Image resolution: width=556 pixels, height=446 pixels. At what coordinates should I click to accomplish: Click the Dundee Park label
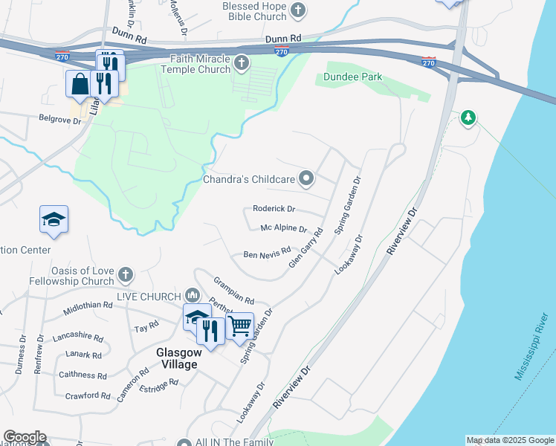click(x=352, y=77)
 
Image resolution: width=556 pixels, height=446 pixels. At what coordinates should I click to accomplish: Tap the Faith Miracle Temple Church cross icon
click(x=242, y=65)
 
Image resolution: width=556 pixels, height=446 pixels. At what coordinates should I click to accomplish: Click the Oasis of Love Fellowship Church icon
click(x=125, y=276)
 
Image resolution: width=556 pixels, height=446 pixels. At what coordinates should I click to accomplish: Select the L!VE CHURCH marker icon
click(x=193, y=296)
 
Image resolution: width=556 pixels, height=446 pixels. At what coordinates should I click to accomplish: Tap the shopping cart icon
click(x=239, y=325)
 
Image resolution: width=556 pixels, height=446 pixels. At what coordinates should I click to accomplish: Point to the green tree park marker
click(x=468, y=117)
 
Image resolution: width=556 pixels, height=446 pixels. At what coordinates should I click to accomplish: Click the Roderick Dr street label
click(x=274, y=209)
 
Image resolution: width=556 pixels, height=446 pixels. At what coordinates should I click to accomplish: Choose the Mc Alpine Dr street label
click(x=283, y=228)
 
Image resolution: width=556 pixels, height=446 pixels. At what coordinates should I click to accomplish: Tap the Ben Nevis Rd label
click(x=267, y=255)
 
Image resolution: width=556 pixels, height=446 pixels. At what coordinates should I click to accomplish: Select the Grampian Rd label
click(x=233, y=291)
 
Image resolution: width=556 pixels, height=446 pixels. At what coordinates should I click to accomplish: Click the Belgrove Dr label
click(x=60, y=118)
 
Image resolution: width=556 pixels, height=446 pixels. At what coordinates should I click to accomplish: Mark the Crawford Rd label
click(x=88, y=396)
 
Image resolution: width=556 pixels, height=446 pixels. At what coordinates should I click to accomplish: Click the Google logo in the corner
click(x=25, y=437)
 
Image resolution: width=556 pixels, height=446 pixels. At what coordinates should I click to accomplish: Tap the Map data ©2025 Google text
click(x=510, y=440)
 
